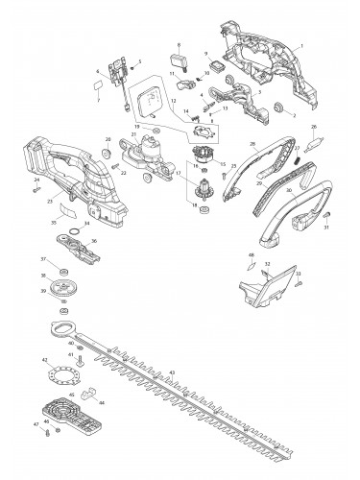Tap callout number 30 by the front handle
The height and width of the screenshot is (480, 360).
click(x=287, y=190)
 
